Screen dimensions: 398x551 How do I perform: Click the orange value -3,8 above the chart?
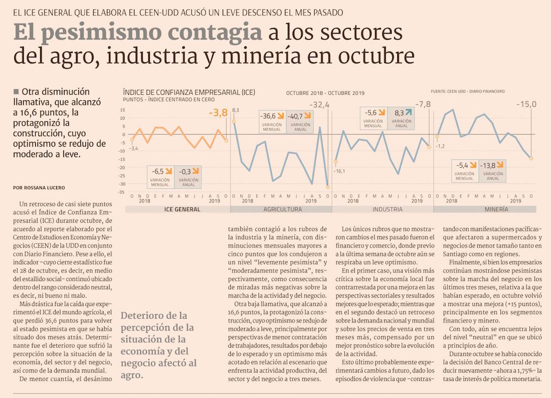(x=219, y=113)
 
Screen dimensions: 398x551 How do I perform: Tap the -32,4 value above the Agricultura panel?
(x=319, y=105)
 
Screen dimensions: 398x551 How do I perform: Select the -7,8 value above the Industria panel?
(x=423, y=105)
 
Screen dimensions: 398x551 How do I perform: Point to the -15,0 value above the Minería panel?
(x=526, y=105)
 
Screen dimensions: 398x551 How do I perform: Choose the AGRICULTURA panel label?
(x=282, y=210)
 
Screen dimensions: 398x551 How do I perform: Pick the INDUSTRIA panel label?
(x=387, y=210)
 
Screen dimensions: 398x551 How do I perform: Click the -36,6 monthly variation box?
(x=272, y=120)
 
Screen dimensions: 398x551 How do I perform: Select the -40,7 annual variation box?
(x=299, y=120)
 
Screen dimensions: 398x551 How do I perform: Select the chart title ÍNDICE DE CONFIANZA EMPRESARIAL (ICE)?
(x=189, y=93)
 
